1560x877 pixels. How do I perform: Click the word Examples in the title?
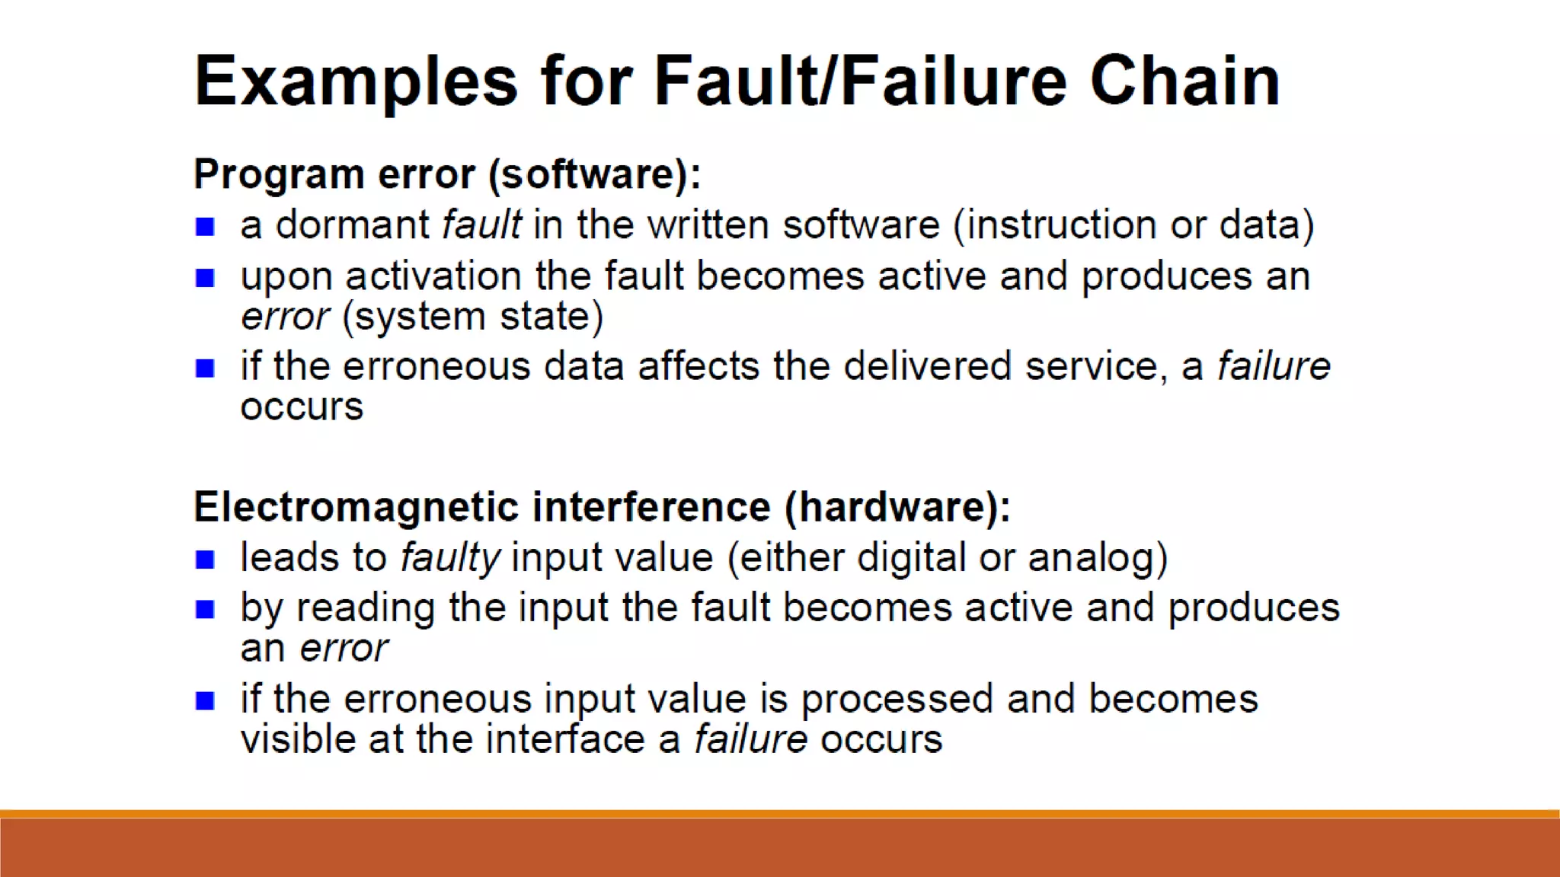pyautogui.click(x=356, y=82)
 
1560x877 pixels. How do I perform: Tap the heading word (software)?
pyautogui.click(x=594, y=174)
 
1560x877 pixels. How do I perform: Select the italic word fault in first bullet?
pyautogui.click(x=481, y=225)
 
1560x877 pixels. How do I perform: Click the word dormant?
pyautogui.click(x=352, y=225)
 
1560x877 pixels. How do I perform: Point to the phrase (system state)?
pyautogui.click(x=472, y=316)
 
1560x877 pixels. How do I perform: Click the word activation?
pyautogui.click(x=433, y=276)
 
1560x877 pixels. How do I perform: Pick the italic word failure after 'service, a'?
pyautogui.click(x=1273, y=366)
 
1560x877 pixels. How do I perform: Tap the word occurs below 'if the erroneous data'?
pyautogui.click(x=302, y=407)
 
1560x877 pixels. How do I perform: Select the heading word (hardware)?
pyautogui.click(x=897, y=507)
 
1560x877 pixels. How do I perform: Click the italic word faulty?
pyautogui.click(x=450, y=558)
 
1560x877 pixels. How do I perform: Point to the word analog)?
pyautogui.click(x=1097, y=558)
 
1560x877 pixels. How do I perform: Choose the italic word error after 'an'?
pyautogui.click(x=344, y=649)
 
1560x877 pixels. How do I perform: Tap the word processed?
pyautogui.click(x=897, y=700)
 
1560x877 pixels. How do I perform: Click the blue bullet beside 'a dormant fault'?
pyautogui.click(x=205, y=227)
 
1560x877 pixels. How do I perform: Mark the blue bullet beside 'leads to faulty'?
pyautogui.click(x=205, y=560)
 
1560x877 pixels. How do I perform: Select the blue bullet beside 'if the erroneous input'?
pyautogui.click(x=205, y=700)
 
